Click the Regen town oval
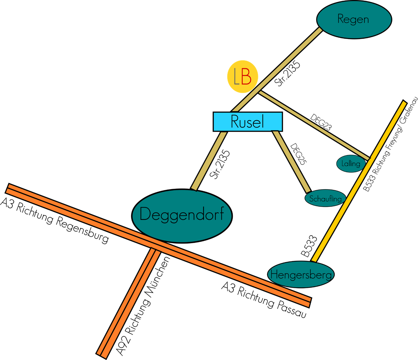click(x=354, y=19)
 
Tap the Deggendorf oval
click(x=182, y=215)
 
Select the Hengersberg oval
click(x=301, y=274)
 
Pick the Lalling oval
click(x=351, y=163)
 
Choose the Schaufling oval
click(x=325, y=198)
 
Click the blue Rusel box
click(x=248, y=122)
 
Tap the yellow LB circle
click(x=243, y=77)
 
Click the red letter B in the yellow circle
click(x=246, y=77)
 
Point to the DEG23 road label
click(x=321, y=122)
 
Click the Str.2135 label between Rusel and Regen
click(x=288, y=74)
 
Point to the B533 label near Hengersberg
click(x=309, y=246)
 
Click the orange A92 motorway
click(x=127, y=301)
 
